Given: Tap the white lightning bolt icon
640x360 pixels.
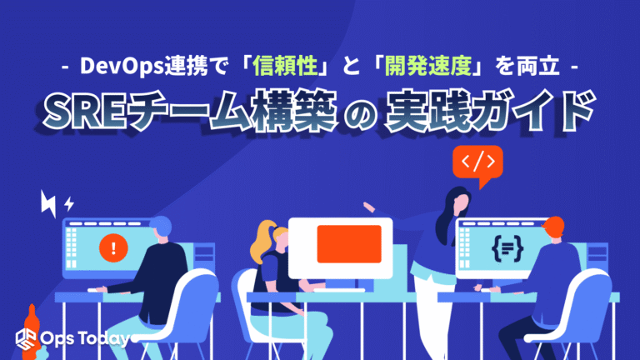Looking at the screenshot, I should pos(49,202).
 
